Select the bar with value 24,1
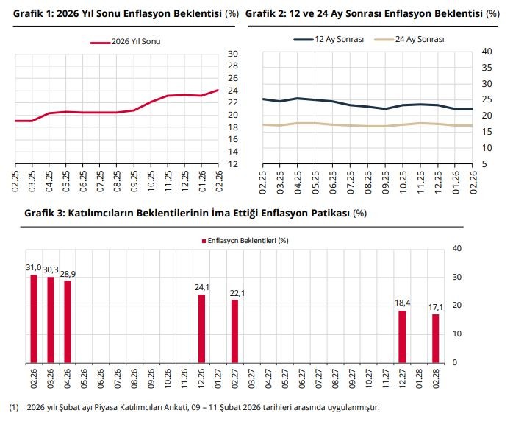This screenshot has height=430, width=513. pos(202,328)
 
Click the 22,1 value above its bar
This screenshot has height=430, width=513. pos(235,293)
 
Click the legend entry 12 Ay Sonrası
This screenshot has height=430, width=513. pos(329,40)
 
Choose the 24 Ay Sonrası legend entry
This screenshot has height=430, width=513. pos(409,40)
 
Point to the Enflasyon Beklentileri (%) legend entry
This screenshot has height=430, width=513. pos(243,240)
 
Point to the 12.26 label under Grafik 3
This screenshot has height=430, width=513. pos(202,379)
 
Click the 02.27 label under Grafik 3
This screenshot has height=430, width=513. pos(235,379)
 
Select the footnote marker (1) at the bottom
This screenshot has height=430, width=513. pos(13,407)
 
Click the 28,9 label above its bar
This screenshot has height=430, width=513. pos(68,273)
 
